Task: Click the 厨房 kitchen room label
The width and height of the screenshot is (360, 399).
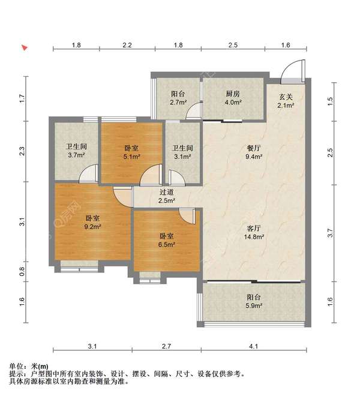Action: pyautogui.click(x=233, y=94)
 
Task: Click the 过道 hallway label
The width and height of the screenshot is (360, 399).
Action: pyautogui.click(x=166, y=192)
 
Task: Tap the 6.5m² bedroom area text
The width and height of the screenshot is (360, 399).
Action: pyautogui.click(x=167, y=244)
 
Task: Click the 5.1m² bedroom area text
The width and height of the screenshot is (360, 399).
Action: pyautogui.click(x=132, y=157)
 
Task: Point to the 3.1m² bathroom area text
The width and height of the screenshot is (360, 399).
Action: pyautogui.click(x=182, y=157)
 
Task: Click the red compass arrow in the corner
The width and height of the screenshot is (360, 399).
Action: pyautogui.click(x=24, y=47)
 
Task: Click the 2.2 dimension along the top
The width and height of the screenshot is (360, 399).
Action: pyautogui.click(x=127, y=46)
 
